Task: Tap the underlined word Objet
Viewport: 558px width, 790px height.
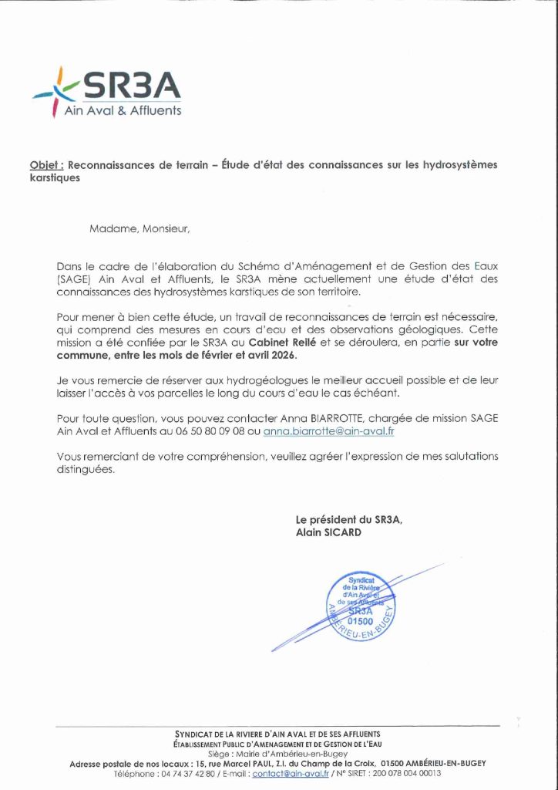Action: point(46,165)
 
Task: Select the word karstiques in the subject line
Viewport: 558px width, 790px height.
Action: point(55,177)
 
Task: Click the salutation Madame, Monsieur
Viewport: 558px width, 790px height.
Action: point(139,228)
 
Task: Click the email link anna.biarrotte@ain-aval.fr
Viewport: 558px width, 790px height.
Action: point(328,431)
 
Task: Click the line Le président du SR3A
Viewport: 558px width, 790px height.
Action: point(348,519)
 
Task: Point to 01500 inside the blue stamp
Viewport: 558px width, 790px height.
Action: point(360,620)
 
